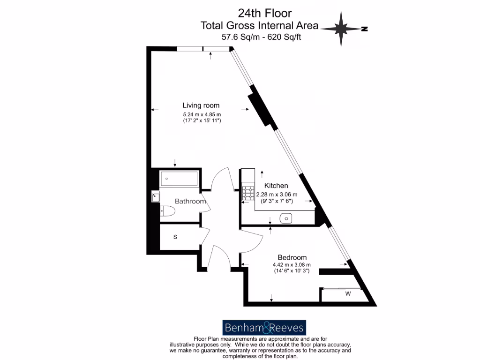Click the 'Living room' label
pos(201,105)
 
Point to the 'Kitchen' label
pos(276,186)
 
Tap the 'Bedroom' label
pos(292,257)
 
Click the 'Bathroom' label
pos(190,201)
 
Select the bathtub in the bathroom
pos(180,179)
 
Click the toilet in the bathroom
pos(167,212)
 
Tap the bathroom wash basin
pos(156,197)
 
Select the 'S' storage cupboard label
pos(175,237)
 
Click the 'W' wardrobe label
pos(348,294)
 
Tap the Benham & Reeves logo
pos(264,327)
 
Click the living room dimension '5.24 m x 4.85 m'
pos(202,114)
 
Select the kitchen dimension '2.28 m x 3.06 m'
pos(277,195)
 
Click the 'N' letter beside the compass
pos(364,29)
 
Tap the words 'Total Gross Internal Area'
pos(259,25)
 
